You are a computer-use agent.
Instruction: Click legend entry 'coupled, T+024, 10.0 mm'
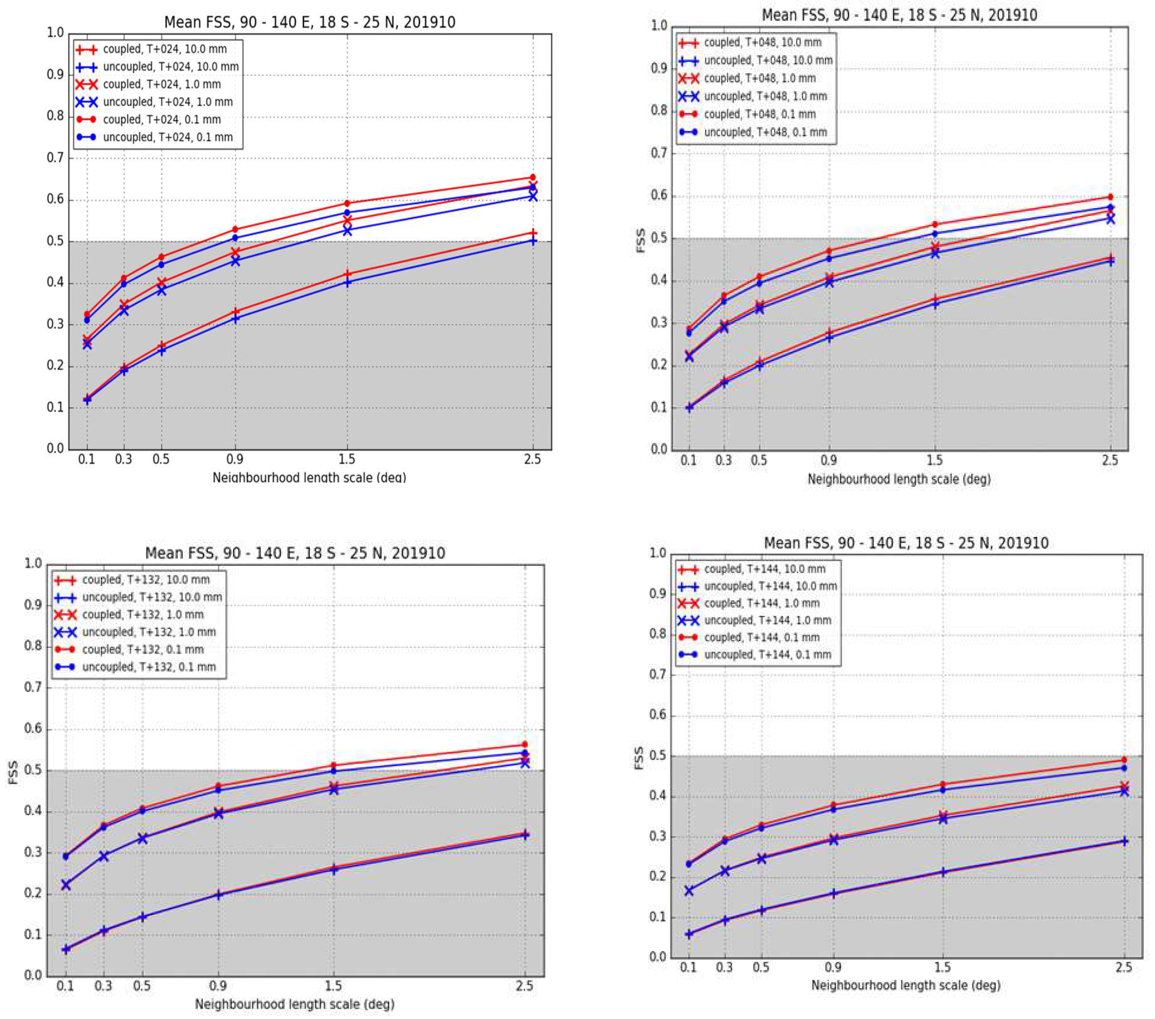[156, 49]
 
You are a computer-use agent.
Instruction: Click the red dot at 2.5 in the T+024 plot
[532, 177]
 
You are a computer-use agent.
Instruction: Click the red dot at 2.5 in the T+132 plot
[524, 744]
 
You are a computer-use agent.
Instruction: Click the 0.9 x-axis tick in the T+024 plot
[235, 459]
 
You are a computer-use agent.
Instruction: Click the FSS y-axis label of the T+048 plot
[641, 240]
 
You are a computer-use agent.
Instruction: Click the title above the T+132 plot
[295, 553]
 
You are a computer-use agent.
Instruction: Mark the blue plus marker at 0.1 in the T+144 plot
[689, 934]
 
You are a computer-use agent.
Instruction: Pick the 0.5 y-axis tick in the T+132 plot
[33, 770]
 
